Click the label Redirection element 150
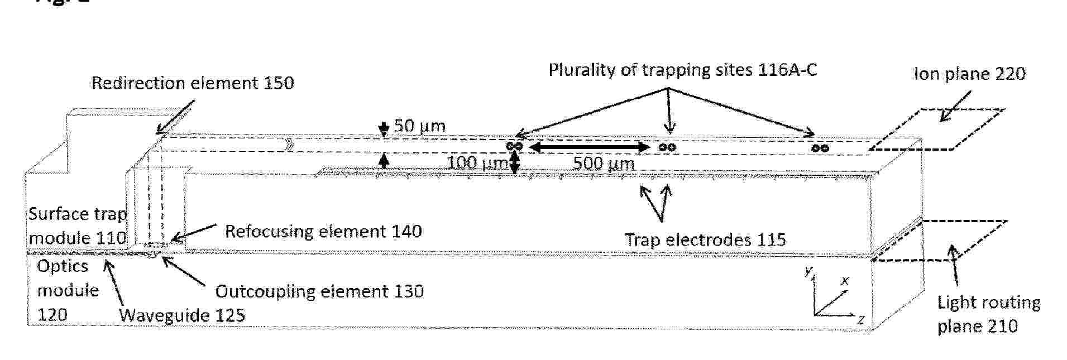tap(193, 83)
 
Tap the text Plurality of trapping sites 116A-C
tap(683, 70)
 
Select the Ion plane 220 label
tap(970, 74)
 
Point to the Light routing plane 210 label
tap(988, 314)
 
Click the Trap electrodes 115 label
tap(705, 240)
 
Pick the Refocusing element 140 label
tap(323, 231)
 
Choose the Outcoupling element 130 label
tap(319, 291)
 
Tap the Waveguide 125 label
tap(182, 315)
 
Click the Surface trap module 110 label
tap(78, 226)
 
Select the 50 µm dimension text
tap(420, 126)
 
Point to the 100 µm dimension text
tap(478, 163)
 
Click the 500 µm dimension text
tap(604, 164)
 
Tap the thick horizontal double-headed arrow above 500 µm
tap(588, 147)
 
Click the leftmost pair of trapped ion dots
tap(515, 146)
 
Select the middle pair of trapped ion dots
tap(667, 147)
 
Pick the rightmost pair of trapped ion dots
tap(820, 148)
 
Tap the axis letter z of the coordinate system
tap(860, 320)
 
